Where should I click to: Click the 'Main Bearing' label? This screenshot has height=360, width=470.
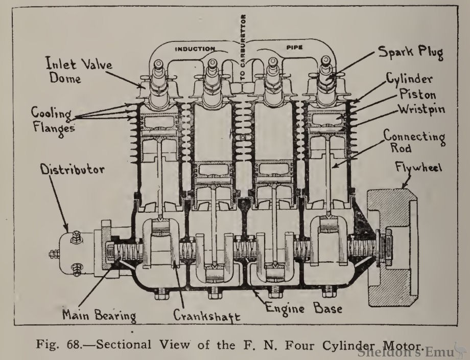(x=98, y=314)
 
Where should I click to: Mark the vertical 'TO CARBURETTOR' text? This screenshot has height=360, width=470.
(x=243, y=48)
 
